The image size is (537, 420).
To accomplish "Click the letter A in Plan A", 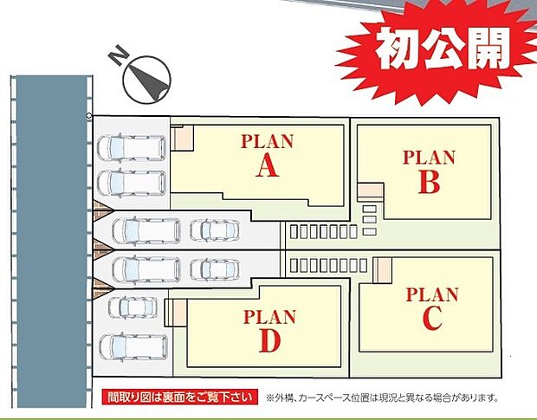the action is coord(268,166).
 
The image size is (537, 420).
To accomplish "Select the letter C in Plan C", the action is coord(433,318).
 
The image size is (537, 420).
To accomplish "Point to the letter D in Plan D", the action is coord(270,341).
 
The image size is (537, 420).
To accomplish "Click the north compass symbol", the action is coord(145,77).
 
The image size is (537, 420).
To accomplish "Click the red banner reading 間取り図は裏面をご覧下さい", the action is coord(179,397).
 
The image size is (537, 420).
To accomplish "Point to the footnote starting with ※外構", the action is coord(384,398).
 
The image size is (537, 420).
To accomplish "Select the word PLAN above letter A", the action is coord(267,141).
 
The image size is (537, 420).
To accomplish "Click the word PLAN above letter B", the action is coord(429,158).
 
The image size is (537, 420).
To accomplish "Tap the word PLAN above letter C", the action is coord(432,294).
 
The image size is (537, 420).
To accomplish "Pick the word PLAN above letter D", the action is coord(269,316).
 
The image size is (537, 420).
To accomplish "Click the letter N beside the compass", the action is coord(117,58).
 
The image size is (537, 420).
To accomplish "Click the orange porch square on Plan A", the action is coord(183,137).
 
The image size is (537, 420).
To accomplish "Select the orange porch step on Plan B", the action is coord(370,193).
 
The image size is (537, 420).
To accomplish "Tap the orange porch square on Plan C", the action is coord(382,269).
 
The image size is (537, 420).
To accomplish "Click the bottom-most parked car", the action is coord(133,346).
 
